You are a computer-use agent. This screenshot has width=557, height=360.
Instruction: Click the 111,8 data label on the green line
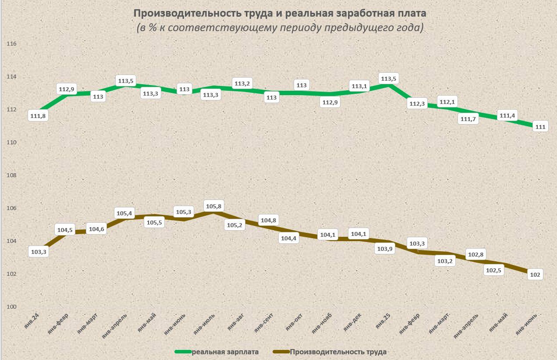click(37, 116)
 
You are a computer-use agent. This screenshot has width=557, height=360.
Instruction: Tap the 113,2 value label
click(242, 83)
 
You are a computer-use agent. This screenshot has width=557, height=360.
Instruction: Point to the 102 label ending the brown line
click(535, 275)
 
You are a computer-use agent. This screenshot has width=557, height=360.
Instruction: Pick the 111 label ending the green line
click(540, 127)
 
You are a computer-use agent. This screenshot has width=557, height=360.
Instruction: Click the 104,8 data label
click(271, 221)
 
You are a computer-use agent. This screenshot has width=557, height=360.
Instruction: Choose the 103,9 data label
click(386, 248)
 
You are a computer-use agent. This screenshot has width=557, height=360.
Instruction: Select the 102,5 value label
click(494, 270)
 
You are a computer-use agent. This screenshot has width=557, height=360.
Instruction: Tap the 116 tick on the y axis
click(12, 44)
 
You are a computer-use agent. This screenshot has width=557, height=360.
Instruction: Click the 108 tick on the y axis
click(12, 175)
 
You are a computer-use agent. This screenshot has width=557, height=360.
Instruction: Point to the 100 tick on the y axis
click(12, 307)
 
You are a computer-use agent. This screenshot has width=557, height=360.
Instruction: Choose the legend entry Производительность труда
click(338, 352)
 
